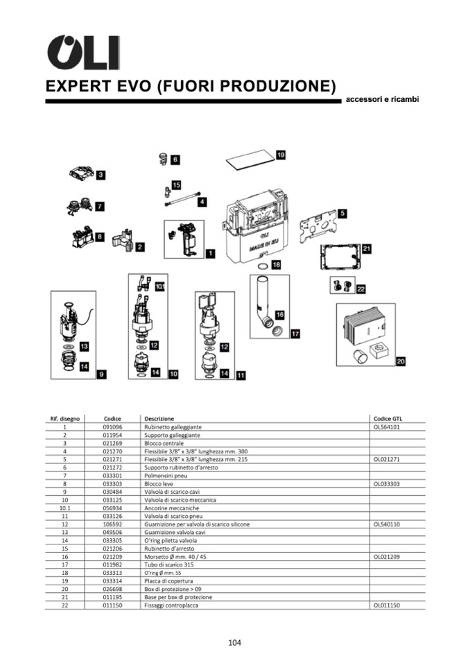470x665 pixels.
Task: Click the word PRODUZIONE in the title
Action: tap(279, 87)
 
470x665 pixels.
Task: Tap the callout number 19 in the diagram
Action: tap(281, 155)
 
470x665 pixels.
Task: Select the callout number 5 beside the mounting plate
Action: tap(342, 214)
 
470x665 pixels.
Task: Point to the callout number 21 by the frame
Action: tap(367, 248)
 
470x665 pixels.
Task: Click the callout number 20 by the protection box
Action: tap(401, 361)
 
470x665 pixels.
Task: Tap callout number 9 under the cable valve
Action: tap(101, 374)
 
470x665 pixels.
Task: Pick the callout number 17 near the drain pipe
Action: tap(295, 334)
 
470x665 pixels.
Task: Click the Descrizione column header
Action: tap(159, 419)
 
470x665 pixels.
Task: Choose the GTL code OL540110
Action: tap(386, 524)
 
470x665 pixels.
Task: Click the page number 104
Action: tap(234, 642)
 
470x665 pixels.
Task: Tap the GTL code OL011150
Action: tap(386, 605)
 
